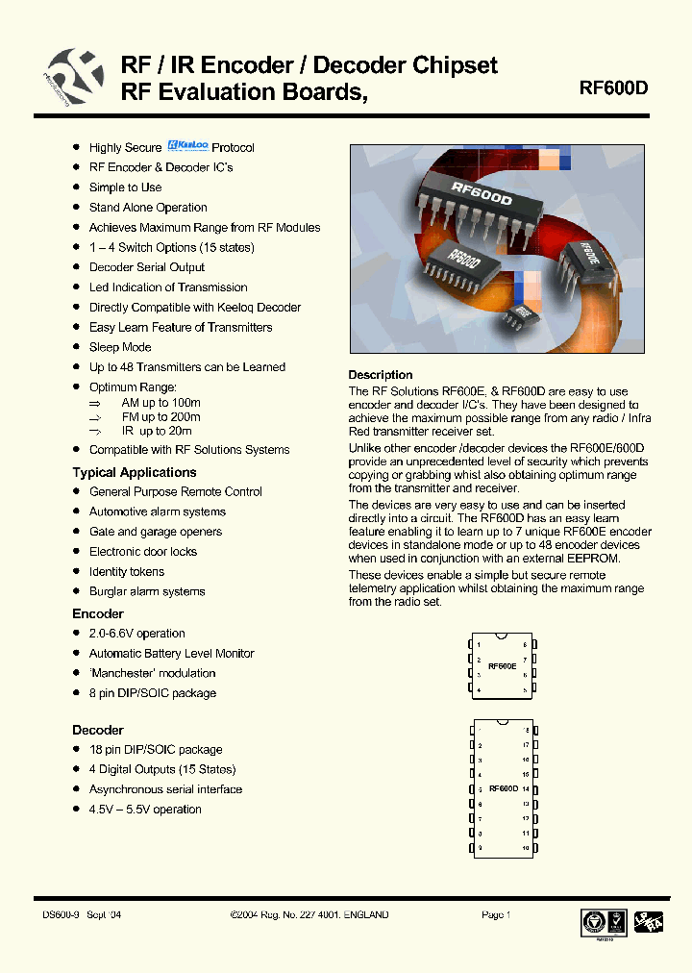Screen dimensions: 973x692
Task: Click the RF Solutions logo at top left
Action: [69, 76]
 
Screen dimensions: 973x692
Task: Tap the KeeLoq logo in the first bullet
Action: [187, 146]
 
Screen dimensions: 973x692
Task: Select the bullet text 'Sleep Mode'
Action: [120, 347]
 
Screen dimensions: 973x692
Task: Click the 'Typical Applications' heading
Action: [134, 472]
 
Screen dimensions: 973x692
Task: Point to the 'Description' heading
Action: [381, 375]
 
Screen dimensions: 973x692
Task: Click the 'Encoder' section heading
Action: [98, 613]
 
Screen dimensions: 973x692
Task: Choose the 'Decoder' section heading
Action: [98, 730]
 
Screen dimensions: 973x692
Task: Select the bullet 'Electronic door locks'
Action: [143, 552]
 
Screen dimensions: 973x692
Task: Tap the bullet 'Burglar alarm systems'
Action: [147, 591]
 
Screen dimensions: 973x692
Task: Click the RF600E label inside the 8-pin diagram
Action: [503, 665]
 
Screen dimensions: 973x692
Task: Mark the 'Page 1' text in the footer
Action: [496, 914]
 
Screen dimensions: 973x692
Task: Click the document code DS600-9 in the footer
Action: [62, 914]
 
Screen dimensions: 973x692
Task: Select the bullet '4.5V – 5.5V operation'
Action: [145, 810]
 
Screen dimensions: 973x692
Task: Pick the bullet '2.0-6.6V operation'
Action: [137, 634]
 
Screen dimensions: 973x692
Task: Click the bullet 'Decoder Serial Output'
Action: [147, 267]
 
